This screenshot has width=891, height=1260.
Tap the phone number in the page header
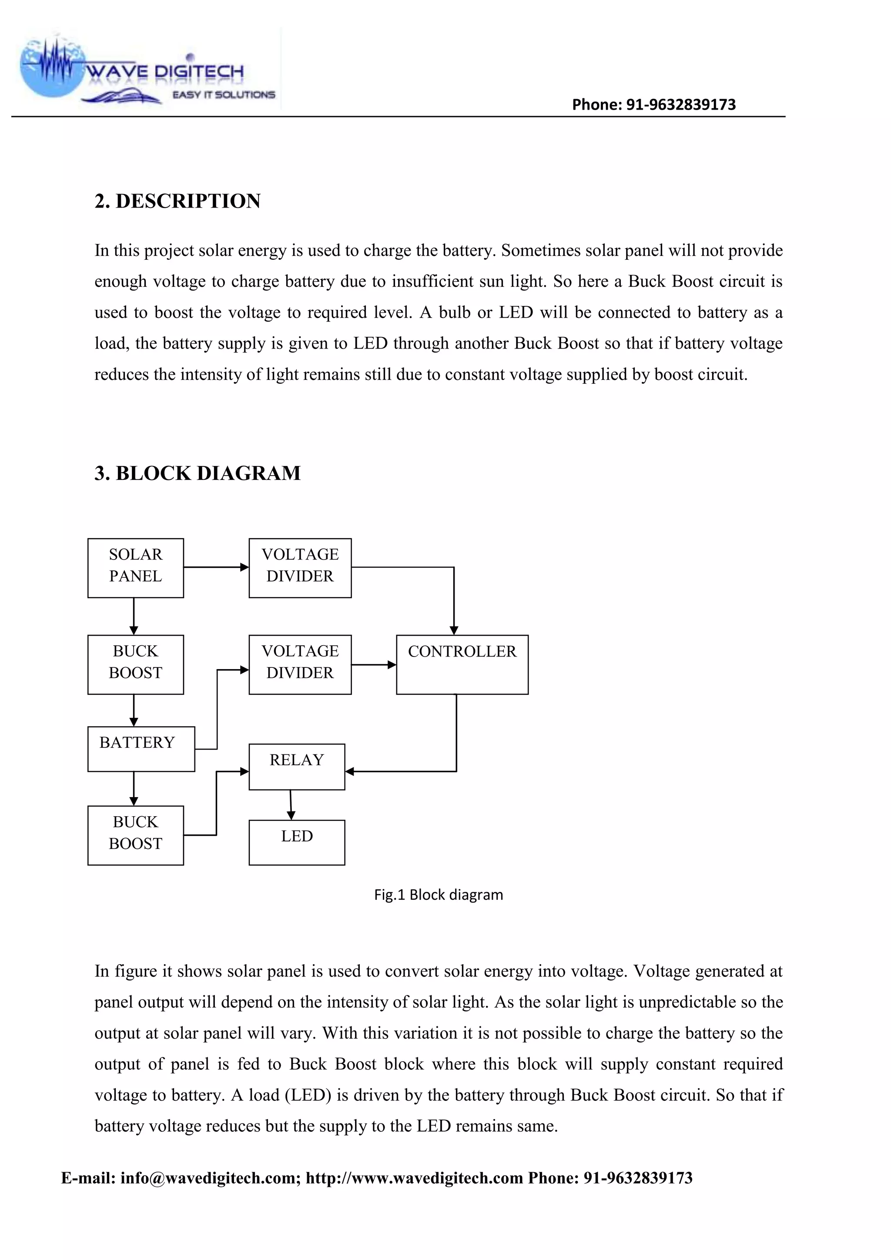click(x=653, y=104)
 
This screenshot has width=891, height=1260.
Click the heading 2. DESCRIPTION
click(x=177, y=201)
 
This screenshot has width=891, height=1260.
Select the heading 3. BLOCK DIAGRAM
click(x=198, y=473)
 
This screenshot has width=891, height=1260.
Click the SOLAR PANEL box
click(x=135, y=567)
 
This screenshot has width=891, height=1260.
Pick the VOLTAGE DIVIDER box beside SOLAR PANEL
click(x=300, y=567)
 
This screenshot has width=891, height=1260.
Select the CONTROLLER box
click(x=462, y=664)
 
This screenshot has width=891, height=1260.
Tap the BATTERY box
click(x=141, y=748)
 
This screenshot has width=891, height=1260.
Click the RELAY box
click(x=297, y=766)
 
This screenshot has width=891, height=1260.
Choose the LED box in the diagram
click(x=297, y=842)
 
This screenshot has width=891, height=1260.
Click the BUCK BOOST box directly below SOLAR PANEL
click(x=135, y=664)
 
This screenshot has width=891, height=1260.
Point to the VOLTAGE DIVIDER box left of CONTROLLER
click(x=300, y=664)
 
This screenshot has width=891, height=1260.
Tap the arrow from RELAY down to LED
click(x=291, y=804)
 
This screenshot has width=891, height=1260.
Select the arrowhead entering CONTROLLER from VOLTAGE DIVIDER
click(x=392, y=664)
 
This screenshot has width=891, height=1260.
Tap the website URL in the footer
click(x=414, y=1178)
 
